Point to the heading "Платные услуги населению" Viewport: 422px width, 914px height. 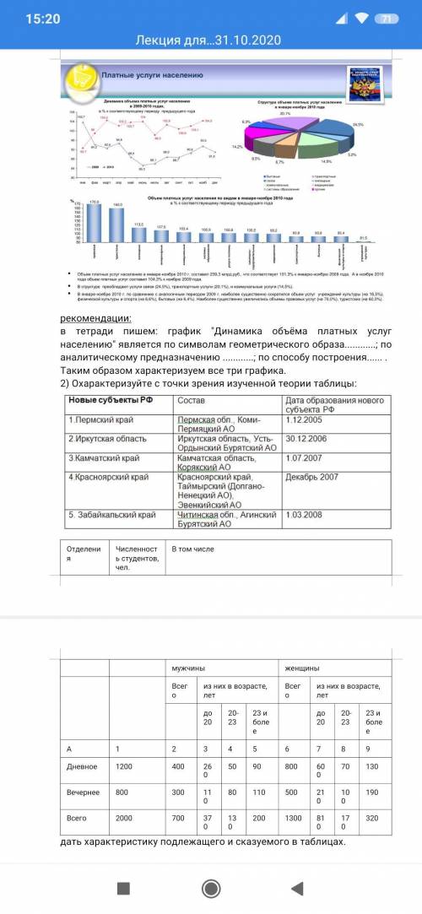pos(153,75)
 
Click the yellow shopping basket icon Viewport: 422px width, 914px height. pos(81,78)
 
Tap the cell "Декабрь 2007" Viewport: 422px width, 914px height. pos(312,477)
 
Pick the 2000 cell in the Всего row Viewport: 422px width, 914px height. pos(125,819)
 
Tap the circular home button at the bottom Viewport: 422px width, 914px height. pos(211,889)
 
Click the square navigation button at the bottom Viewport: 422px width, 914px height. pos(123,889)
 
